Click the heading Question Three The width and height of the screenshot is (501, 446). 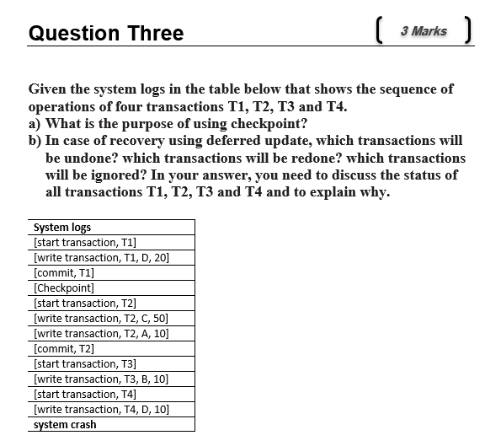point(106,34)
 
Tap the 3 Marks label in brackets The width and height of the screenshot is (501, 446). point(424,31)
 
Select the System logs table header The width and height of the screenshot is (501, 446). point(62,228)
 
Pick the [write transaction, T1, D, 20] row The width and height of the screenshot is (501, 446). point(101,258)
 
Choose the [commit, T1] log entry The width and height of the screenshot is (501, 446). point(63,273)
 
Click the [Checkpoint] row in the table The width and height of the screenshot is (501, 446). point(63,288)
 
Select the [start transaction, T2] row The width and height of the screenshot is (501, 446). point(84,304)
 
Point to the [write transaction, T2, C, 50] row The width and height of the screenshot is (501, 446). point(101,319)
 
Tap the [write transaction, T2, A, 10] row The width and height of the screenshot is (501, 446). point(101,334)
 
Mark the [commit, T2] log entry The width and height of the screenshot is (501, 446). point(63,349)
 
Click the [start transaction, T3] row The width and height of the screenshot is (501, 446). point(84,364)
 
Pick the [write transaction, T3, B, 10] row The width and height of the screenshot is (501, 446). point(101,379)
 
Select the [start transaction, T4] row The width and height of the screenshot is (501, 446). point(84,395)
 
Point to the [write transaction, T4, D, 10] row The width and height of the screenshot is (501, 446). point(101,410)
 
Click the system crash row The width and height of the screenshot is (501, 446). point(65,425)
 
